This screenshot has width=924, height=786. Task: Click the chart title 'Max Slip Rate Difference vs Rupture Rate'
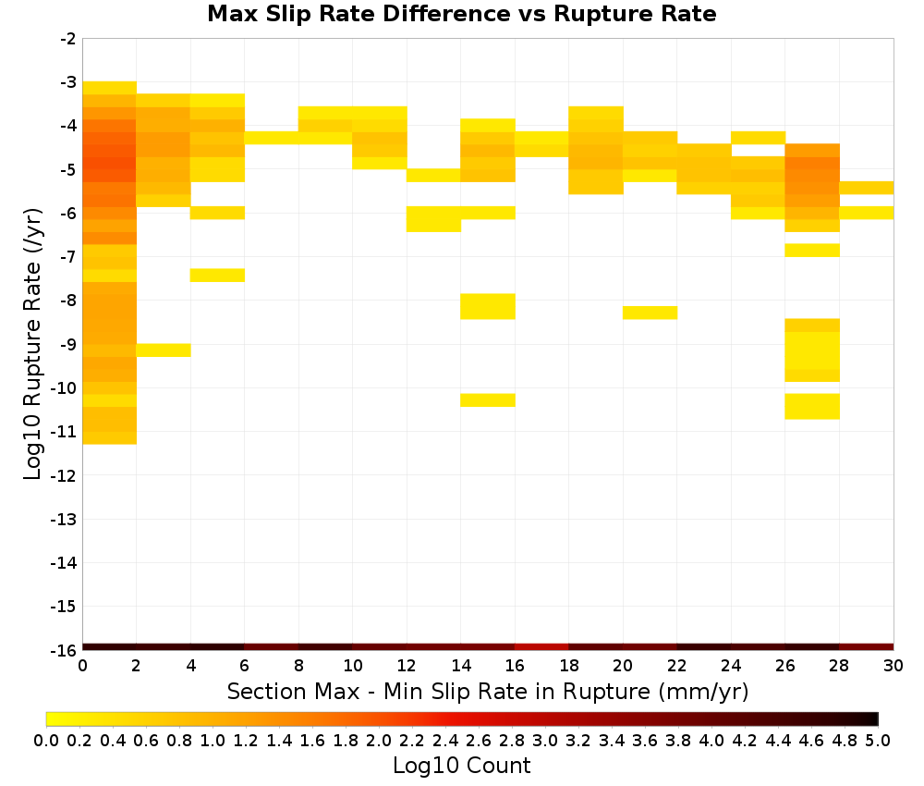462,14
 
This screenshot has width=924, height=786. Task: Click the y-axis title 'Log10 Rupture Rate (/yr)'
33,344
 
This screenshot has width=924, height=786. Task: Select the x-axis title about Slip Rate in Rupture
488,691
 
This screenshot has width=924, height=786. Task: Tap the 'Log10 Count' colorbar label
461,766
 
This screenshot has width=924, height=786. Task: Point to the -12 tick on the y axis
65,475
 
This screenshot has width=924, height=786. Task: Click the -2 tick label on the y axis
68,39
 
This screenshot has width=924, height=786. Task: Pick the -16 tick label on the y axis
65,650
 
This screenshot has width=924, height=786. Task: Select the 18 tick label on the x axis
569,666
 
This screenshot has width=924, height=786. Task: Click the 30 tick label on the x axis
894,666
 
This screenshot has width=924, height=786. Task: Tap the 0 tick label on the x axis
82,666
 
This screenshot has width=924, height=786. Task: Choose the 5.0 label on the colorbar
878,740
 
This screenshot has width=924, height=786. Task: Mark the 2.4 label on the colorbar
445,740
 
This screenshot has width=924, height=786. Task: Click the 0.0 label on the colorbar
46,740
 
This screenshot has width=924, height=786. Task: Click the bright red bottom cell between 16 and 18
542,647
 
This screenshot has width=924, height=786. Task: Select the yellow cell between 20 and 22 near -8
650,313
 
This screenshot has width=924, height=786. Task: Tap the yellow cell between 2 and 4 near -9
164,350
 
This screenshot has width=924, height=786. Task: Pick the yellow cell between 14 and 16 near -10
488,399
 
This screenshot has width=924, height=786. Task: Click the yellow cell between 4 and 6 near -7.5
217,276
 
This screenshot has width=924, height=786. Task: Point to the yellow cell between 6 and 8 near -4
272,138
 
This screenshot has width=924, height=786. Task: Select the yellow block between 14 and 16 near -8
488,306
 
